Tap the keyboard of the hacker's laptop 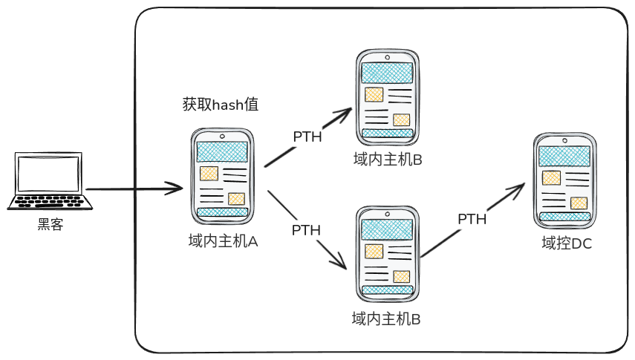click(x=51, y=202)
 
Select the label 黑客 click(x=51, y=224)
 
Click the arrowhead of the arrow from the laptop click(x=177, y=189)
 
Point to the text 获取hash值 click(x=220, y=105)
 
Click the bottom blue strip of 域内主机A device click(x=222, y=212)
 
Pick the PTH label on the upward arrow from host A click(x=307, y=137)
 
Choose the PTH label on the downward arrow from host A click(x=306, y=230)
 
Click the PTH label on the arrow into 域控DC click(x=472, y=219)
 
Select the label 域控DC click(x=566, y=243)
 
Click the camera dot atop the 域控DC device click(x=564, y=141)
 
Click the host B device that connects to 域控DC click(x=386, y=252)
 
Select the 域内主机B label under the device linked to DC click(x=386, y=319)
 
